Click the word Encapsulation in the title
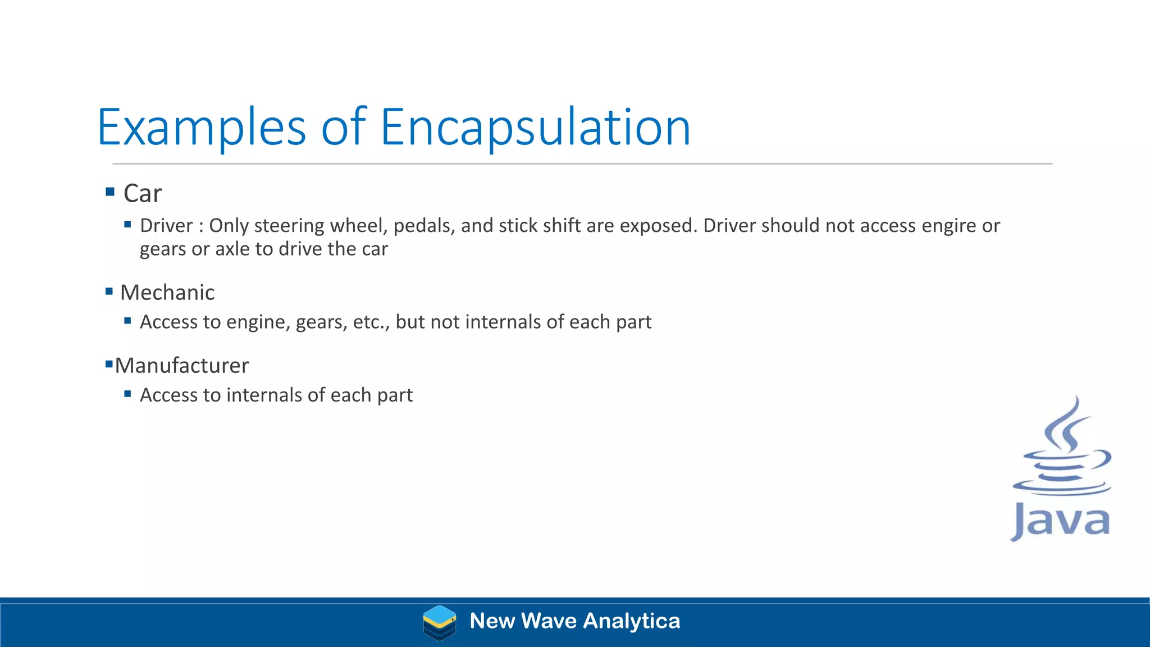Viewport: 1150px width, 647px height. coord(535,127)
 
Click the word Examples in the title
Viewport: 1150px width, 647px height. coord(201,127)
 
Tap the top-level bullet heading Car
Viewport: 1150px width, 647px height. coord(142,194)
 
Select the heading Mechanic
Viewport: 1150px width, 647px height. coord(167,293)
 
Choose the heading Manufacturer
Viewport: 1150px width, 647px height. coord(181,366)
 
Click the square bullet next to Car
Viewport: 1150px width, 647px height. coord(110,192)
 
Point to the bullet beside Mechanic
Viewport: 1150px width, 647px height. coord(109,291)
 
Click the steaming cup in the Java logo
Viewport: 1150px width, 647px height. coord(1061,449)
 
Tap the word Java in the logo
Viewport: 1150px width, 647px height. coord(1060,521)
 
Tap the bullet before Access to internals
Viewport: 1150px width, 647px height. coord(127,394)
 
